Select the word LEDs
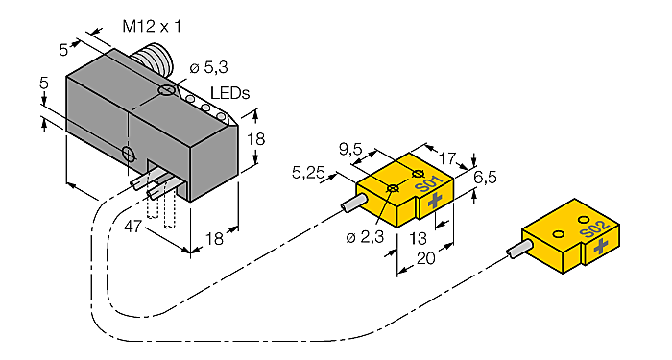[x=229, y=93]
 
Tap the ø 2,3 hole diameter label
[x=367, y=237]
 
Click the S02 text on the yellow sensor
[x=594, y=229]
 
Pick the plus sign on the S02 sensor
[x=601, y=247]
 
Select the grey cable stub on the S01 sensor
[x=353, y=204]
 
